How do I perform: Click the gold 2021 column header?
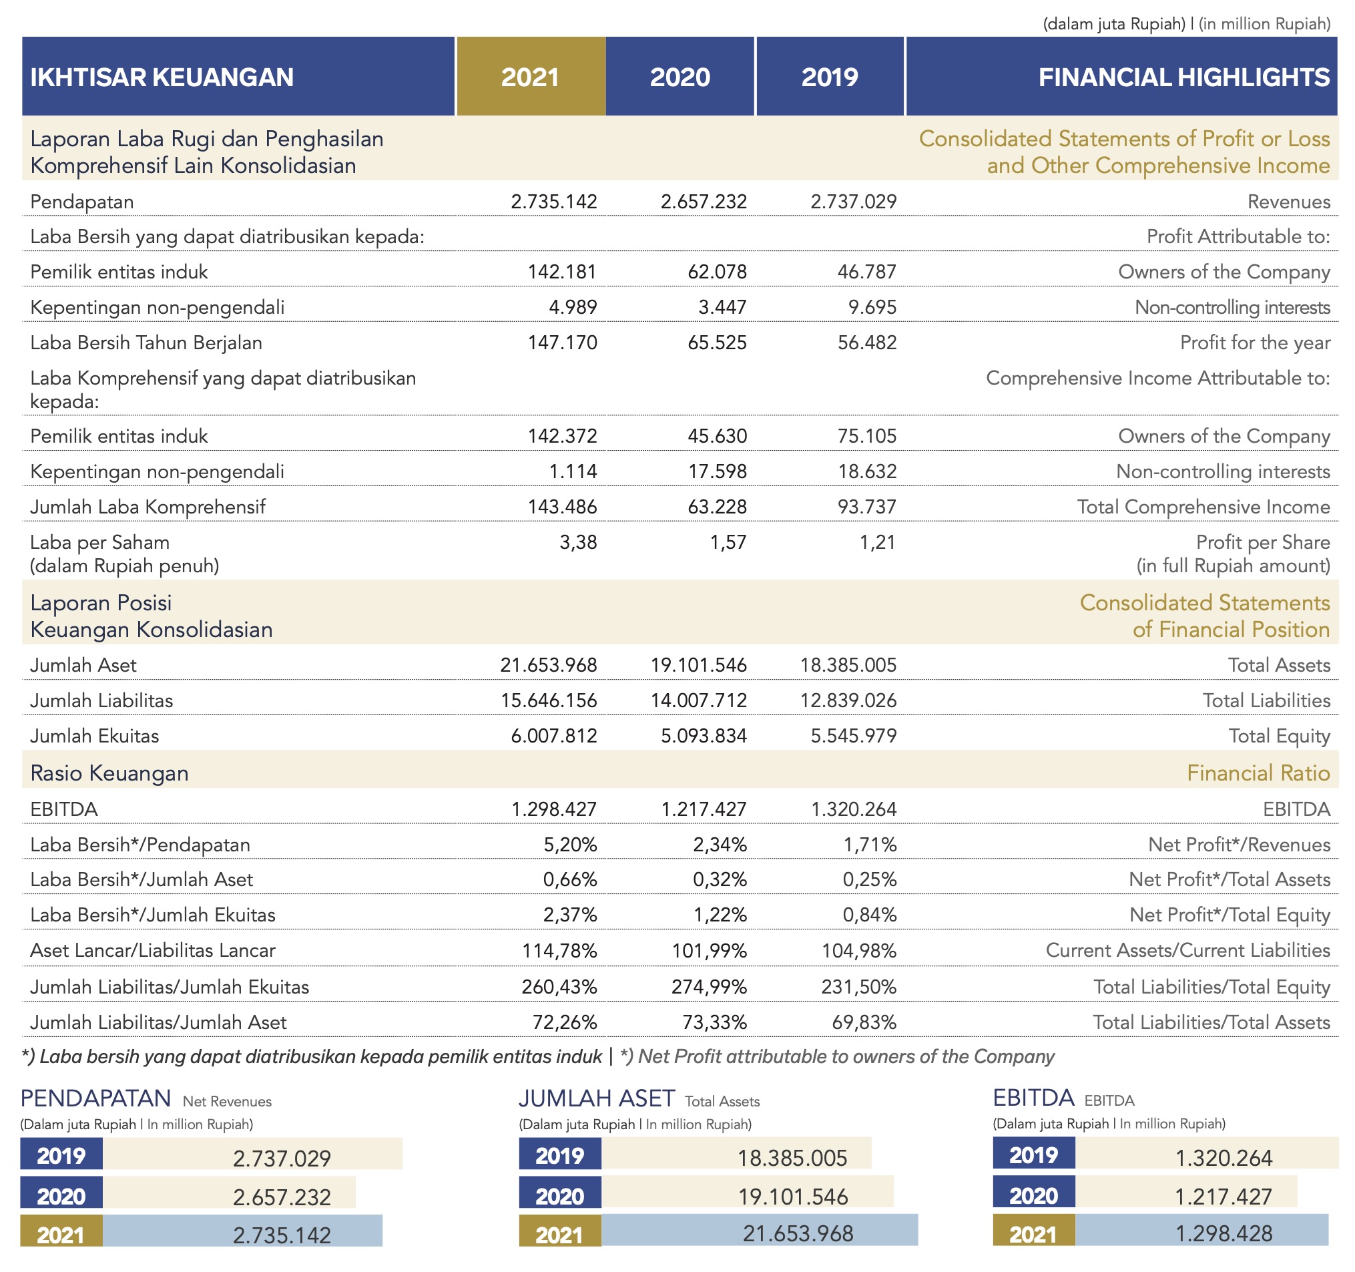(x=530, y=76)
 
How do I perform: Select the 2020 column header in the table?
(x=680, y=76)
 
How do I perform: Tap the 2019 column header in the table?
(x=830, y=76)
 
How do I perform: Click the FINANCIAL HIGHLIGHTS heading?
(x=1184, y=77)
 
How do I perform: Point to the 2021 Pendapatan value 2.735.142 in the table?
(x=553, y=202)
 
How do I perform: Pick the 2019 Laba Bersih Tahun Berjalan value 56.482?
(x=867, y=342)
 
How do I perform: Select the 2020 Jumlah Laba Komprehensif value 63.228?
(x=717, y=507)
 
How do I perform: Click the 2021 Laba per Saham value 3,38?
(x=578, y=542)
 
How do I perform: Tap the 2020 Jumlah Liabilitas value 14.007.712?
(x=699, y=700)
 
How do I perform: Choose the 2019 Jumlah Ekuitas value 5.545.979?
(x=853, y=736)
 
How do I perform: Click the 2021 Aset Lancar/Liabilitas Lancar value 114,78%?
(x=559, y=950)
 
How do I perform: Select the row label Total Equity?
(x=1280, y=736)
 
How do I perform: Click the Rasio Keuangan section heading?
(x=109, y=773)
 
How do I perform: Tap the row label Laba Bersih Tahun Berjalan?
(x=146, y=342)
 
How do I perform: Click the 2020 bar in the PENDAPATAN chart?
(x=229, y=1196)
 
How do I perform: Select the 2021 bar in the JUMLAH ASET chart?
(x=760, y=1234)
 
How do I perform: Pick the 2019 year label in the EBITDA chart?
(x=1033, y=1155)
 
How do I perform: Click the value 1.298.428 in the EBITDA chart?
(x=1224, y=1234)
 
